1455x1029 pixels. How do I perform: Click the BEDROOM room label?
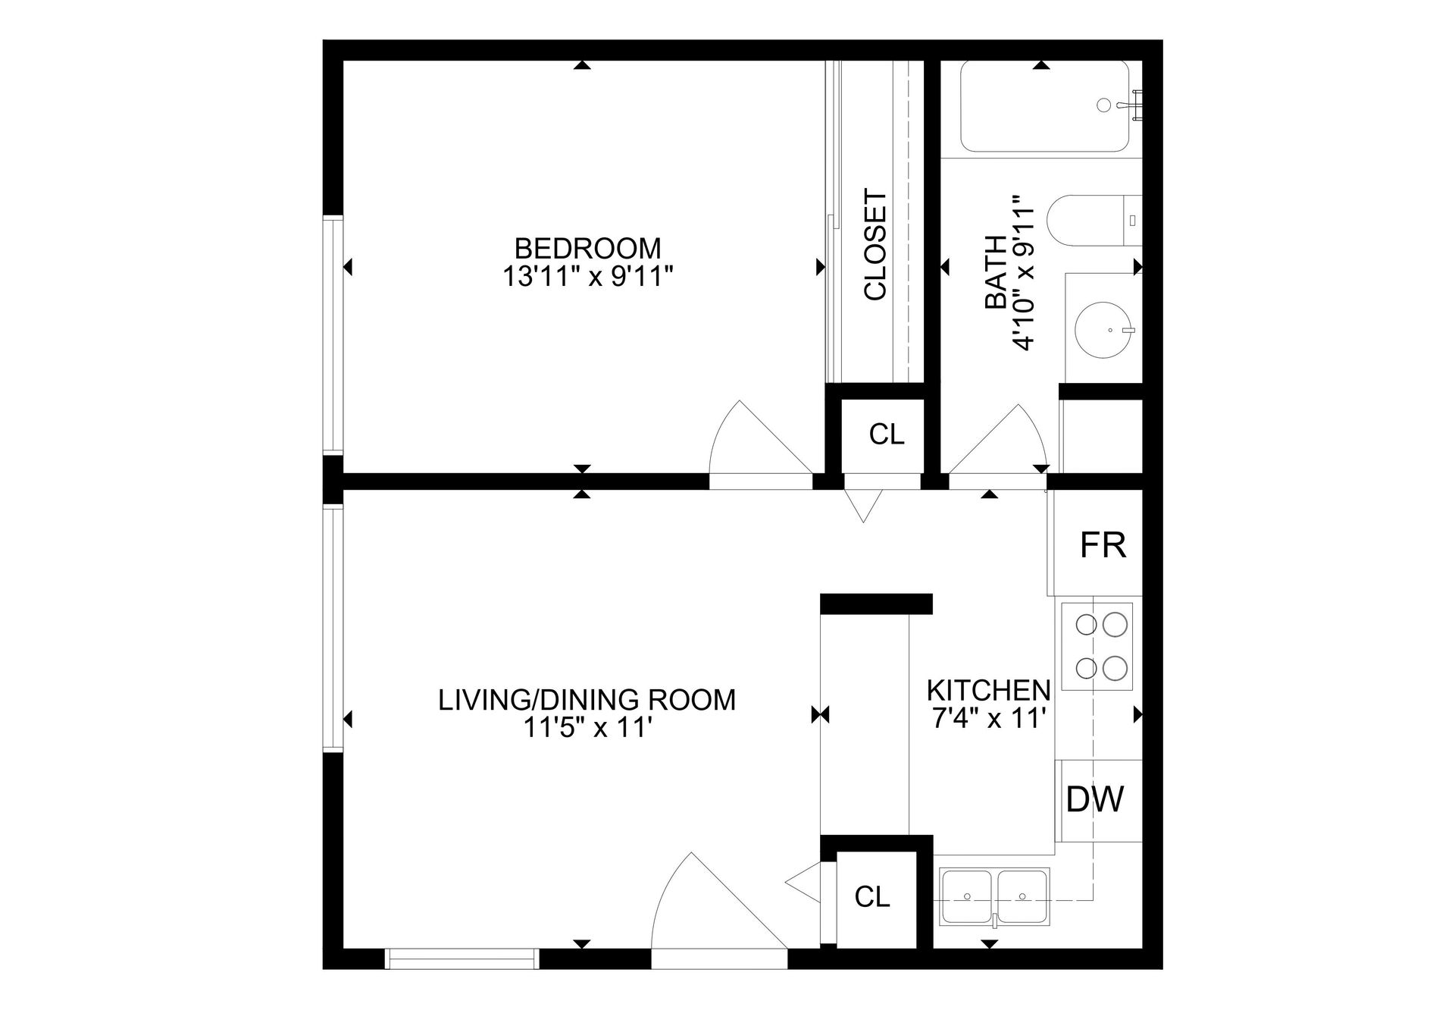click(x=587, y=248)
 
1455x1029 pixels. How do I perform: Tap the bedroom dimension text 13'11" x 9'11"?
click(x=588, y=277)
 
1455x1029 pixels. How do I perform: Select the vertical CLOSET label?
click(x=875, y=245)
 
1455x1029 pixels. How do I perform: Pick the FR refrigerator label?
click(x=1103, y=544)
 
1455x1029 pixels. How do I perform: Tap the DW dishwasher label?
click(x=1095, y=798)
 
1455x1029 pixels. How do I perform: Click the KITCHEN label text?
click(x=989, y=690)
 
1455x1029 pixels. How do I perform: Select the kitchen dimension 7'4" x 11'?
click(x=990, y=717)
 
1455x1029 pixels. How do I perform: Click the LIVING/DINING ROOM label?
click(x=587, y=699)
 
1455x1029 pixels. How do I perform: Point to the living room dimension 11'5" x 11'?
click(x=588, y=728)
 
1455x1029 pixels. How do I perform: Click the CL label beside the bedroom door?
click(x=887, y=435)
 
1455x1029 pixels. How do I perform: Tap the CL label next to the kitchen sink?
click(x=872, y=897)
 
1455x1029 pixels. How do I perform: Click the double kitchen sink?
click(x=994, y=896)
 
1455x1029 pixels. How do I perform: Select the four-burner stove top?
click(x=1097, y=646)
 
